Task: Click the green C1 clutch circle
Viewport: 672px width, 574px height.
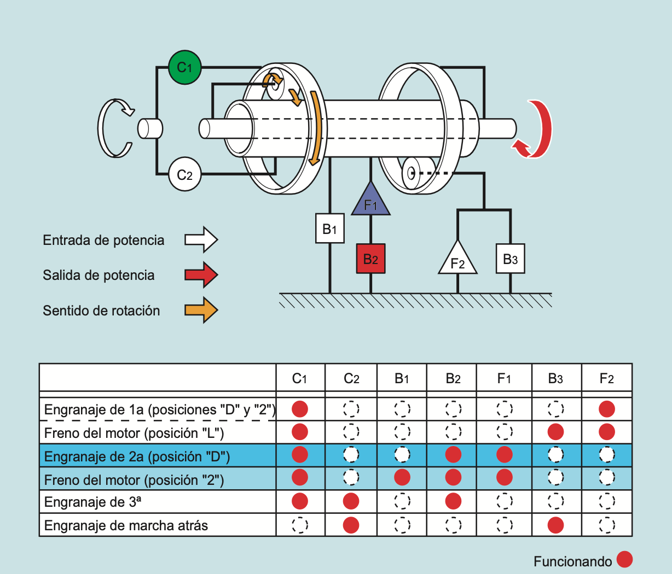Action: (185, 67)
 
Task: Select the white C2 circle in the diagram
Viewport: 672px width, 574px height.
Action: (185, 174)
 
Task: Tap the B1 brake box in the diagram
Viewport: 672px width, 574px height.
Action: (329, 229)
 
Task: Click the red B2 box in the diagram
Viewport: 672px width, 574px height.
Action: (370, 259)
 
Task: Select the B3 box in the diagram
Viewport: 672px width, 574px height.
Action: (510, 259)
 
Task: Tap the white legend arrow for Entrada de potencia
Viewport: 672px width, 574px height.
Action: (201, 239)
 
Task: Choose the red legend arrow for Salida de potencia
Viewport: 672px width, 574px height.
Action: (201, 274)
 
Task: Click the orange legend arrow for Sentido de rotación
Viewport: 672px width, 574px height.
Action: (201, 310)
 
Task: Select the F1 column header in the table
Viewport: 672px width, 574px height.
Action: (504, 378)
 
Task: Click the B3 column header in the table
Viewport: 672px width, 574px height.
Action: (555, 378)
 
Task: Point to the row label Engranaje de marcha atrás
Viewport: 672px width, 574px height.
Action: (126, 525)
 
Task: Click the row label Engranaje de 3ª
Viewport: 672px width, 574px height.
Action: (92, 502)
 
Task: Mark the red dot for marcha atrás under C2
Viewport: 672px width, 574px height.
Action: (351, 525)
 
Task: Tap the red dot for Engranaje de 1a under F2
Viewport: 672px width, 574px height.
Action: (606, 409)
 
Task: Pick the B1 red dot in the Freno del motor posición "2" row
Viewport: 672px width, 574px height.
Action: (402, 477)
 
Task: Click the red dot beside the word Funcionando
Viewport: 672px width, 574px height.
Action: (624, 560)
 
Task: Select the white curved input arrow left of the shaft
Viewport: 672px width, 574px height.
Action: (115, 128)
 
